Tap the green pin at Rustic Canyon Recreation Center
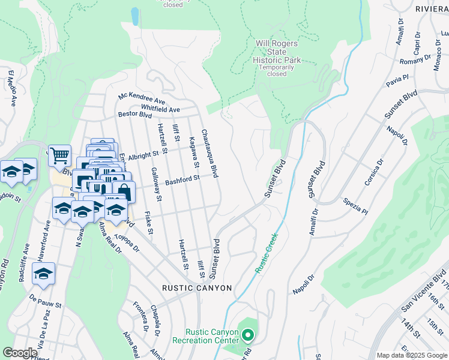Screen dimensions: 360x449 click(x=247, y=335)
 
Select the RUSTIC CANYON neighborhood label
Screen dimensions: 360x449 click(x=197, y=288)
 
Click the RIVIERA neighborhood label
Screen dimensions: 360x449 click(x=432, y=9)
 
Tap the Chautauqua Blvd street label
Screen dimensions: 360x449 click(x=209, y=154)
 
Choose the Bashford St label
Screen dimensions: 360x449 click(x=182, y=179)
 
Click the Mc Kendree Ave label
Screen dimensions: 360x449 click(x=142, y=98)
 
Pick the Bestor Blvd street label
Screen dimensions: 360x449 click(x=135, y=114)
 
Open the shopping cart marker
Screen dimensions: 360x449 click(x=59, y=156)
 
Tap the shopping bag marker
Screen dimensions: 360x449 click(x=124, y=191)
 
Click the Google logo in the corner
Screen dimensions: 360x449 click(x=20, y=352)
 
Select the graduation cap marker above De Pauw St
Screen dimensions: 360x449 click(x=43, y=274)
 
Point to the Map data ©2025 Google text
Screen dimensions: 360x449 click(x=411, y=355)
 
